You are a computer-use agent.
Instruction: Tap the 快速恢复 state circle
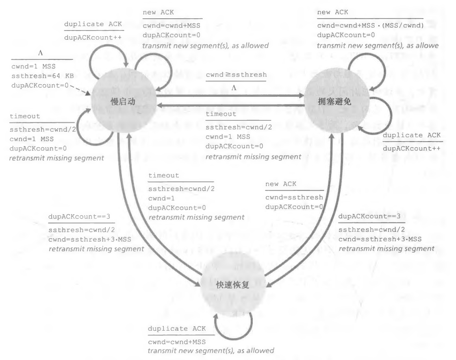click(x=232, y=285)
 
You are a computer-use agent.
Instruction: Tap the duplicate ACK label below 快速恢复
click(x=177, y=329)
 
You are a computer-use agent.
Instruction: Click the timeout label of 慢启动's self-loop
click(x=25, y=116)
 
